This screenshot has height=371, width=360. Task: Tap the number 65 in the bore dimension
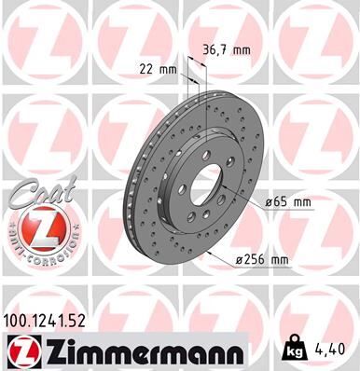click(x=279, y=201)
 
